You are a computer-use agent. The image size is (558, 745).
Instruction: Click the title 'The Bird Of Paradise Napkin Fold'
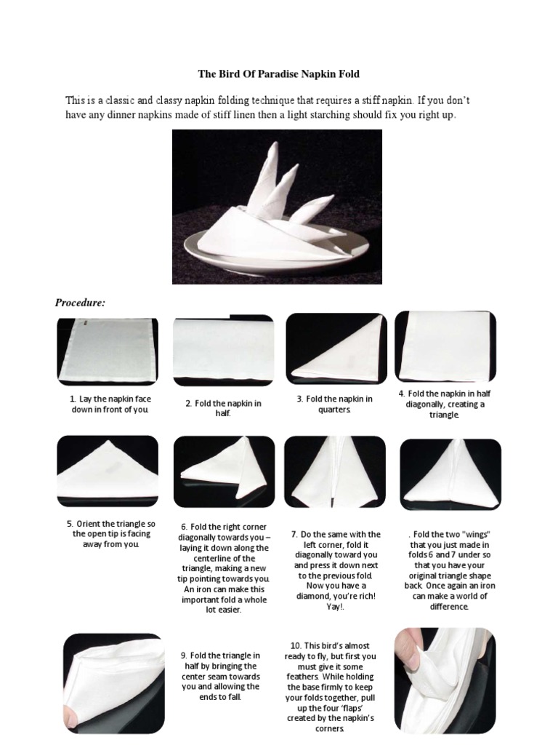click(279, 74)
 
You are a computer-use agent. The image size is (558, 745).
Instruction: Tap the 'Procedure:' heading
click(81, 303)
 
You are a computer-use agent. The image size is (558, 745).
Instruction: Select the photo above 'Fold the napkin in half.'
click(223, 351)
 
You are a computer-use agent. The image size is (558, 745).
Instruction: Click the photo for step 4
click(445, 346)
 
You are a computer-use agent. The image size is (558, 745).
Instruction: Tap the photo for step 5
click(107, 471)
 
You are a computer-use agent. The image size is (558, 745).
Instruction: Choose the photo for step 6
click(224, 471)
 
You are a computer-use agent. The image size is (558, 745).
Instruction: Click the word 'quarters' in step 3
click(334, 410)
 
